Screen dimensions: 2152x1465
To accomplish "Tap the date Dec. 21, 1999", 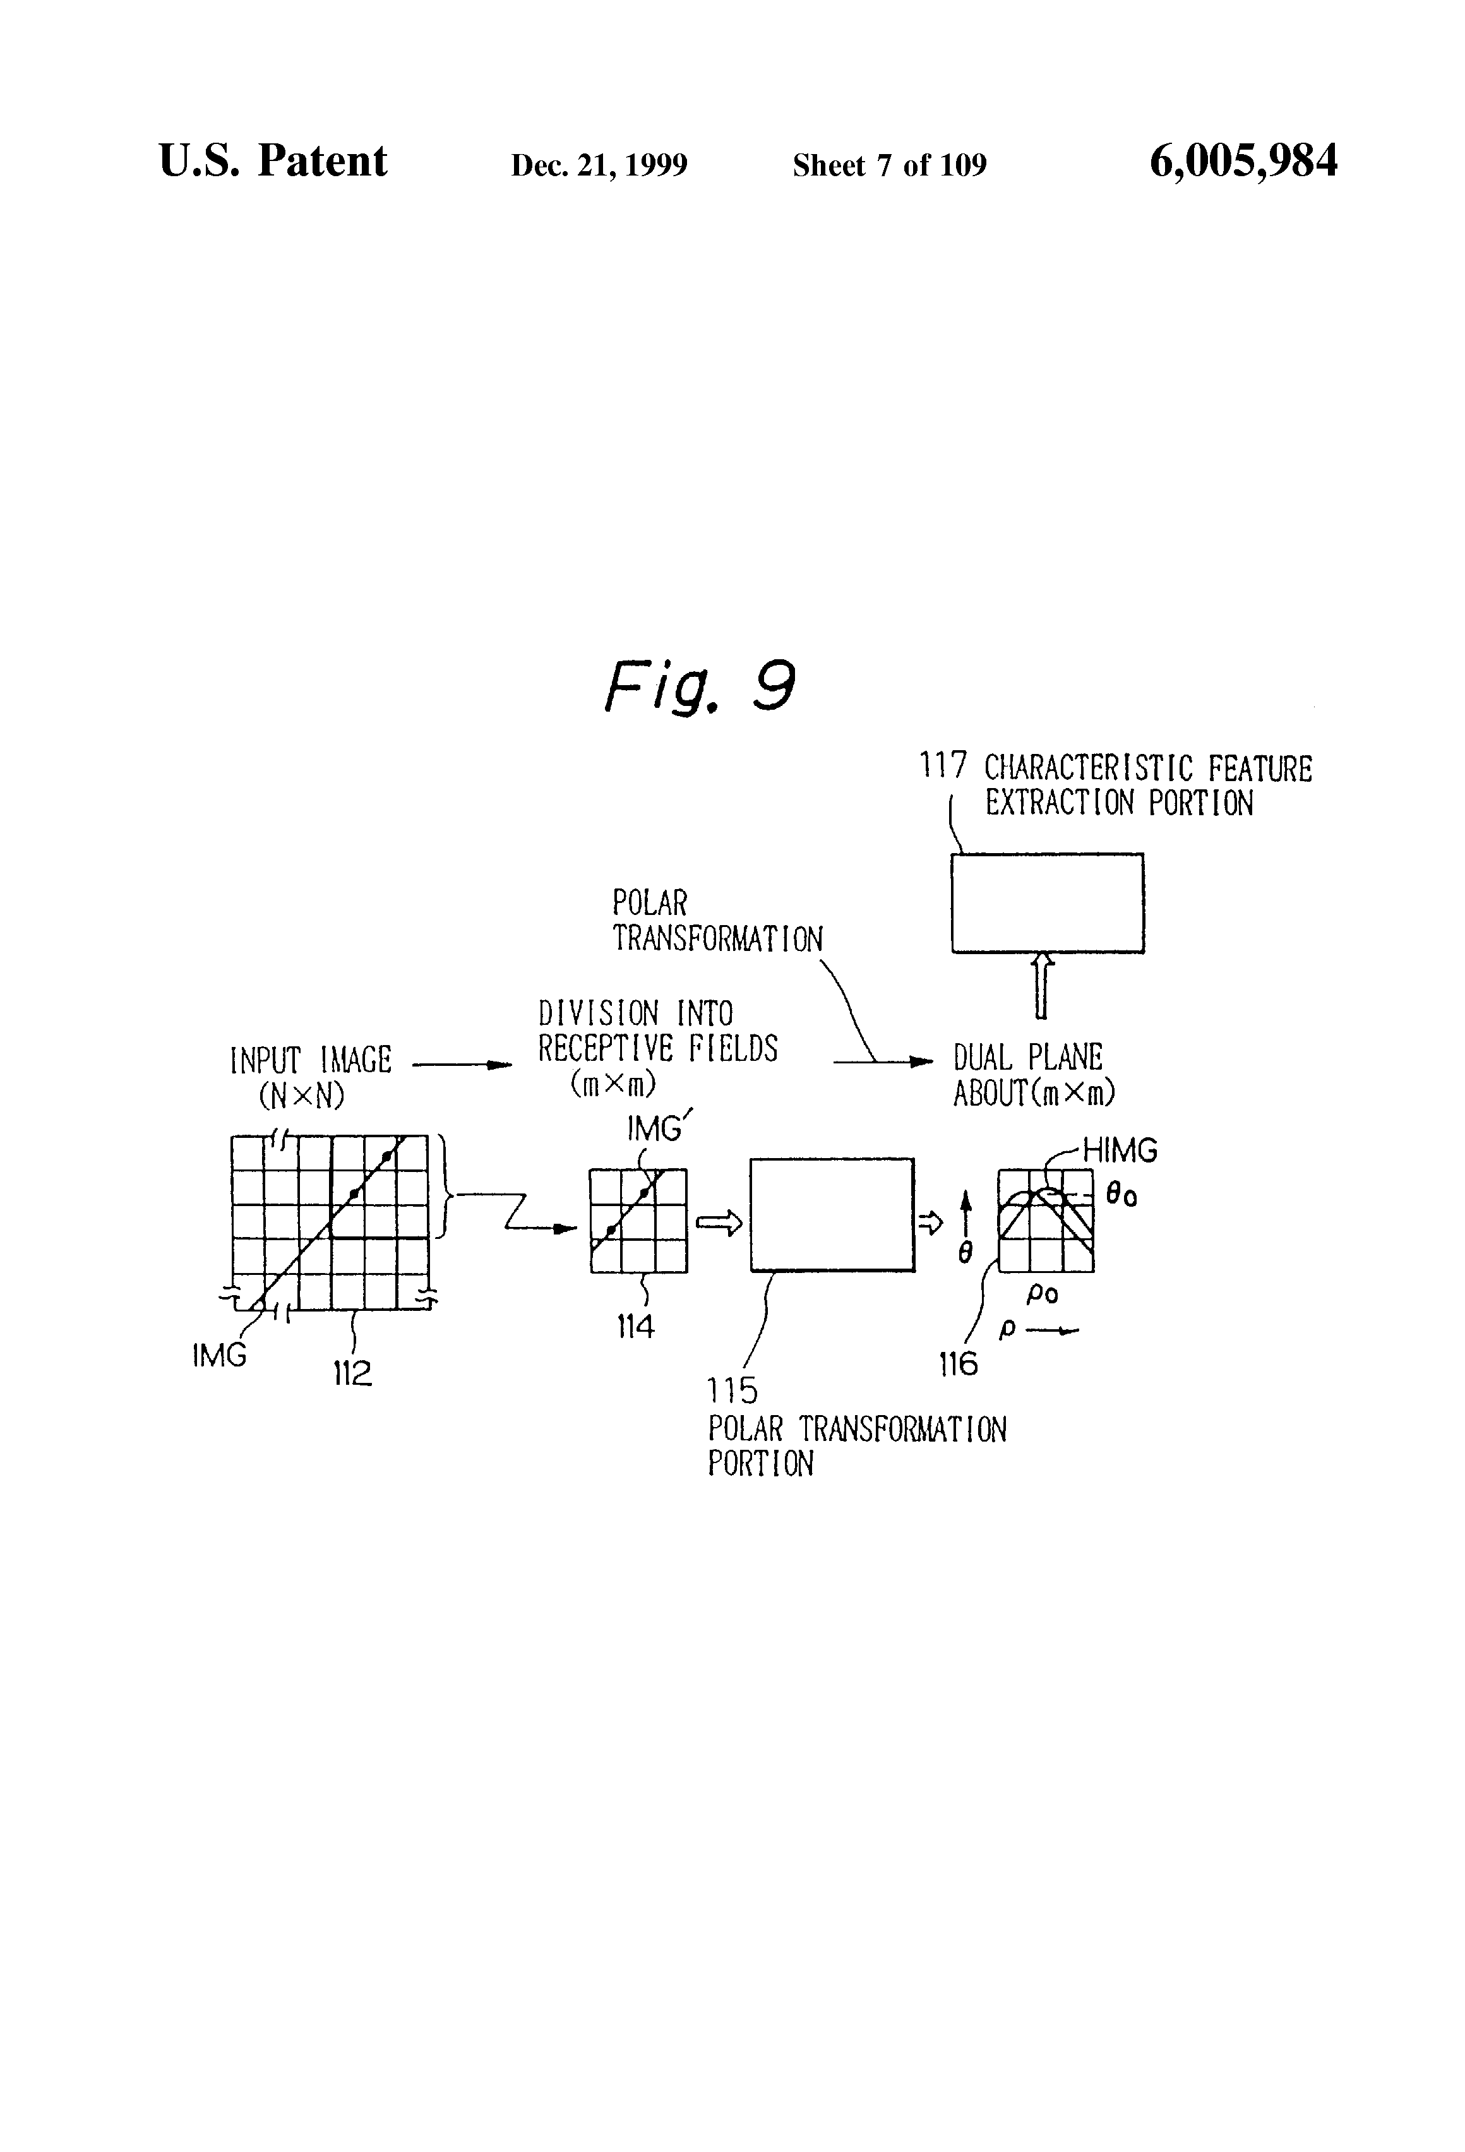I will pos(599,165).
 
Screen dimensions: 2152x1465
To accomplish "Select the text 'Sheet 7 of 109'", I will pos(889,165).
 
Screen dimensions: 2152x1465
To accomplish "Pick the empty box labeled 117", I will pos(1048,903).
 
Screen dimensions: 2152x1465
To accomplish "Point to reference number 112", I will pos(353,1372).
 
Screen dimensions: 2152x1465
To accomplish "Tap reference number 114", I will pos(635,1327).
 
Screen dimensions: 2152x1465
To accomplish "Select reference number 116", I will pos(957,1363).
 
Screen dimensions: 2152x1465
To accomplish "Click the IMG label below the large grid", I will pos(220,1356).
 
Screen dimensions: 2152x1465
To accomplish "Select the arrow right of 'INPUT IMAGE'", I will pos(461,1065).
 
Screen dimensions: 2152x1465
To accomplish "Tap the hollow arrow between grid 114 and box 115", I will pos(719,1224).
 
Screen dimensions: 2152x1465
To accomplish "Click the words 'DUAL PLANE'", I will pos(1028,1058).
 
